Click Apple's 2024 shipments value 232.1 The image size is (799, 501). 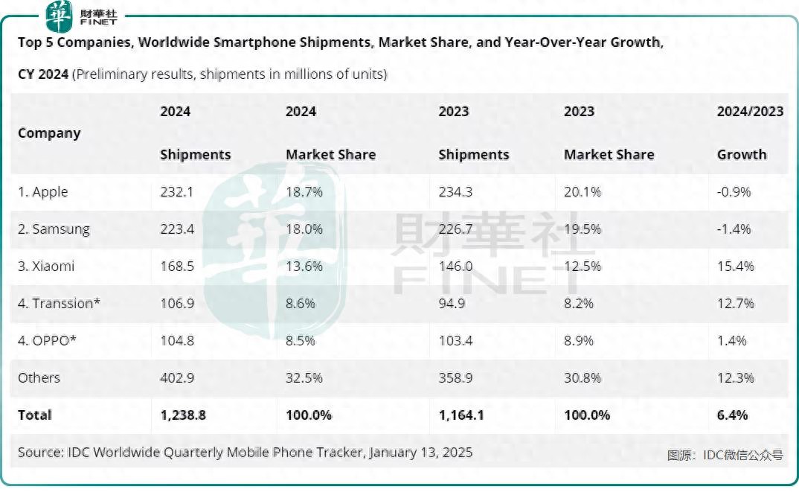pos(176,192)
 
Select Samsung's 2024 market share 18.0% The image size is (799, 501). pos(304,229)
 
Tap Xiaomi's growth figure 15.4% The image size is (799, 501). pos(735,267)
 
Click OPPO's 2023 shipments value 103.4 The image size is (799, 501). pos(455,341)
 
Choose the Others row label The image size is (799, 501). pos(39,378)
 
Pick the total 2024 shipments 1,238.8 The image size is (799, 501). pos(182,415)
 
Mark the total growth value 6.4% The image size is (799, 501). pos(732,415)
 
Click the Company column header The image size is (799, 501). pos(49,133)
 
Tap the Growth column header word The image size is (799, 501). pos(741,155)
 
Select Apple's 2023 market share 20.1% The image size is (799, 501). pos(583,192)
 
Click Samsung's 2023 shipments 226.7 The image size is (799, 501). pos(455,229)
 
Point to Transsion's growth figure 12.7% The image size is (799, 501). pos(735,304)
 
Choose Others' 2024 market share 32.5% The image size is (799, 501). pos(304,378)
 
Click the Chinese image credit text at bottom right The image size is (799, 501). pos(725,455)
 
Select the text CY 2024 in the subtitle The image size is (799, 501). pos(43,74)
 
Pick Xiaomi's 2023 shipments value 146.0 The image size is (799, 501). pos(455,267)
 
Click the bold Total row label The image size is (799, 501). pos(35,415)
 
